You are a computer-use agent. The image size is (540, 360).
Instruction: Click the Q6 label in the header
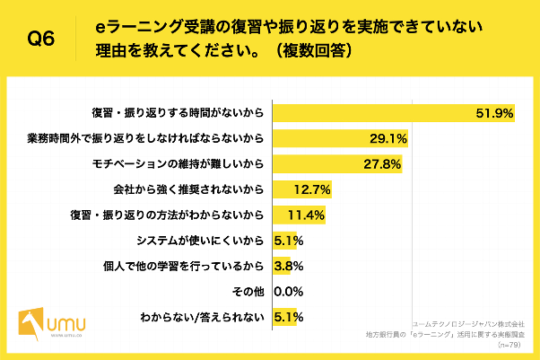[42, 39]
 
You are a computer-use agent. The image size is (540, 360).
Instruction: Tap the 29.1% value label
[388, 138]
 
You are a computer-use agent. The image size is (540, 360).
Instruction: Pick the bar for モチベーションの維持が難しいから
[336, 164]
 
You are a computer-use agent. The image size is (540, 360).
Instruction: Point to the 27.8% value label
[383, 164]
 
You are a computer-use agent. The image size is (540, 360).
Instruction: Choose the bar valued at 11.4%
[297, 215]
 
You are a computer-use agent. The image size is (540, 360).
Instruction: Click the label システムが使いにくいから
[199, 241]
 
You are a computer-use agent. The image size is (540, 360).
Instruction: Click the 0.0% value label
[287, 292]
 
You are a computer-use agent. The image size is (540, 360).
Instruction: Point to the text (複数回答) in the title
[308, 50]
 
